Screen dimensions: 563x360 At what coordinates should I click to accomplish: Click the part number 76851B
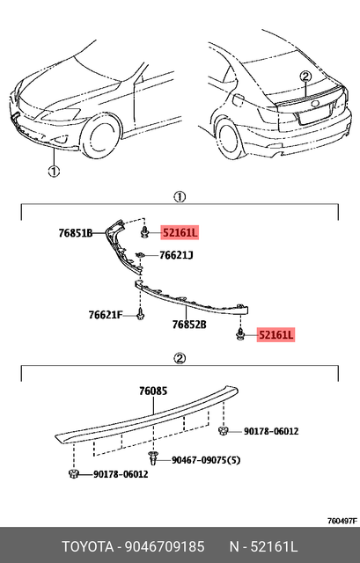pos(76,233)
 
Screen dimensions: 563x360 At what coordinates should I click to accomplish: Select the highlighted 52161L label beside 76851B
pos(180,233)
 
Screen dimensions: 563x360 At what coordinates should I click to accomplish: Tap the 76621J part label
pos(176,256)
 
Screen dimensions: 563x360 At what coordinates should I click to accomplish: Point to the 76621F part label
pos(106,314)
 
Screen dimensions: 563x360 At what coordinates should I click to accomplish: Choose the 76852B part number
pos(189,325)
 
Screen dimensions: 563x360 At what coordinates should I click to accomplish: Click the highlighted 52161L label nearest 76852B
pos(276,335)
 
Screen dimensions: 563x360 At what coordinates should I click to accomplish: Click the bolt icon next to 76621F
pos(140,314)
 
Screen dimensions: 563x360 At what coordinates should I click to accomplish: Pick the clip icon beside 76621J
pos(141,256)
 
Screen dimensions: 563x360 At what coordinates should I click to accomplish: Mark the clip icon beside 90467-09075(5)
pos(155,458)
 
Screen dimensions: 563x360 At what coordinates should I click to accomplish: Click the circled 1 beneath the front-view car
pos(53,172)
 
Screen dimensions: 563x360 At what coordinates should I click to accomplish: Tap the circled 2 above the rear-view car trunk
pos(305,77)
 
